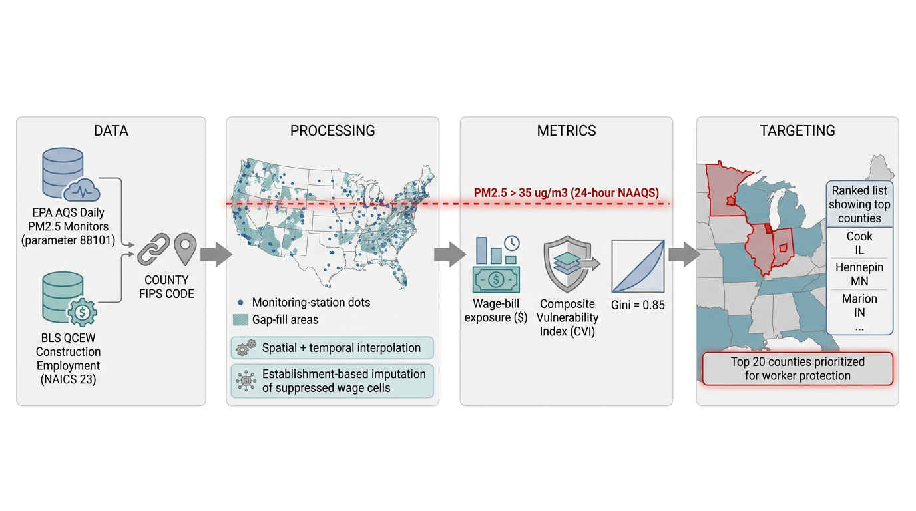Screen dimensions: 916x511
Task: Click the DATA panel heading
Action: (111, 131)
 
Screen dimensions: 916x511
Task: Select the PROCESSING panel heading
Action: (332, 131)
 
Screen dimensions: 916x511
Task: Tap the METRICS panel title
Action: (567, 131)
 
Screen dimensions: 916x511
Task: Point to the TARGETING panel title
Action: (798, 131)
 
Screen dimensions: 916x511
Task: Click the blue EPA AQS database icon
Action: (69, 174)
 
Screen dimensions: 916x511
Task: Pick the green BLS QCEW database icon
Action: (69, 299)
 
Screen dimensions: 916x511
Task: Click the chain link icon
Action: (153, 250)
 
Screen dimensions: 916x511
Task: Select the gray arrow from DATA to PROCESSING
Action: (216, 254)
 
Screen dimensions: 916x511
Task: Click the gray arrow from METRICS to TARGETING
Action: (684, 254)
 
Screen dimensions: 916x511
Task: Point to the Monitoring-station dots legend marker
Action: (240, 303)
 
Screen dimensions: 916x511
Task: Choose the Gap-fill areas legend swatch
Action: (240, 319)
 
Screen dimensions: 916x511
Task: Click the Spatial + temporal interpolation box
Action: (332, 348)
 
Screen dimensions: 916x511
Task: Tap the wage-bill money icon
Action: (496, 265)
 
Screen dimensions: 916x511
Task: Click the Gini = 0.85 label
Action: (638, 305)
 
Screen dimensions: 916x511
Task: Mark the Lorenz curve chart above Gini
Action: (638, 266)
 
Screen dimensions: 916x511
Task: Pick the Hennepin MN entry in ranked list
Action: (859, 274)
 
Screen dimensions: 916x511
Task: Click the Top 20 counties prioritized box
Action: (798, 369)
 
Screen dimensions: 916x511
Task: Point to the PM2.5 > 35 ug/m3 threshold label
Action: (567, 192)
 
